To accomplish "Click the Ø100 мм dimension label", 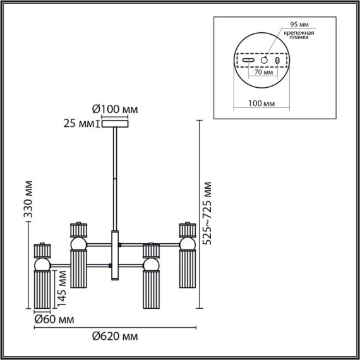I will coord(115,109).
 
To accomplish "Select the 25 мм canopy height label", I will coord(78,124).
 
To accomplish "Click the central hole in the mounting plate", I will coord(265,59).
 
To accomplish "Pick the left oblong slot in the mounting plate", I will coord(249,59).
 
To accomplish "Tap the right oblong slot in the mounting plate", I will coord(278,59).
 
